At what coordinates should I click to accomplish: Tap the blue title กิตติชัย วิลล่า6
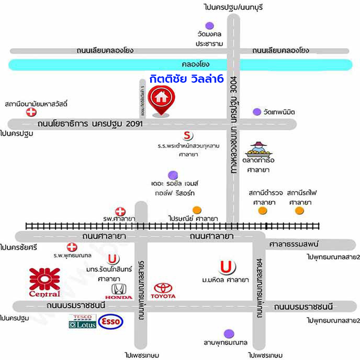click(186, 79)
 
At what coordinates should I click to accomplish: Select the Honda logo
click(122, 291)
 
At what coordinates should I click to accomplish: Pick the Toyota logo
click(164, 291)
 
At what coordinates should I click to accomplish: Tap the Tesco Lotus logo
click(82, 321)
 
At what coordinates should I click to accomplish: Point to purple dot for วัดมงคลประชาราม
click(210, 25)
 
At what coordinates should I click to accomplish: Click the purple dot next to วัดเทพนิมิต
click(256, 111)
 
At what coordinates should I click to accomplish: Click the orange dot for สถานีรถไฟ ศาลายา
click(299, 210)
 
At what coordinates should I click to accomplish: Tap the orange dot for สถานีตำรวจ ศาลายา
click(262, 210)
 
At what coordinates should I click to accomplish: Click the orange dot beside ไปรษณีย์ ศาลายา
click(197, 210)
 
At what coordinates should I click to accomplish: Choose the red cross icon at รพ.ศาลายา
click(121, 211)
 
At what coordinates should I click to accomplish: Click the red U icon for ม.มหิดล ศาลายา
click(226, 267)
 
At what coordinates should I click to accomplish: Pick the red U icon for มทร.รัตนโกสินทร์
click(113, 259)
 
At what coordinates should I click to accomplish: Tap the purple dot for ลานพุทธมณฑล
click(228, 333)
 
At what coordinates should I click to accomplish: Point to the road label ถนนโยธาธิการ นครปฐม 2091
click(89, 124)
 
